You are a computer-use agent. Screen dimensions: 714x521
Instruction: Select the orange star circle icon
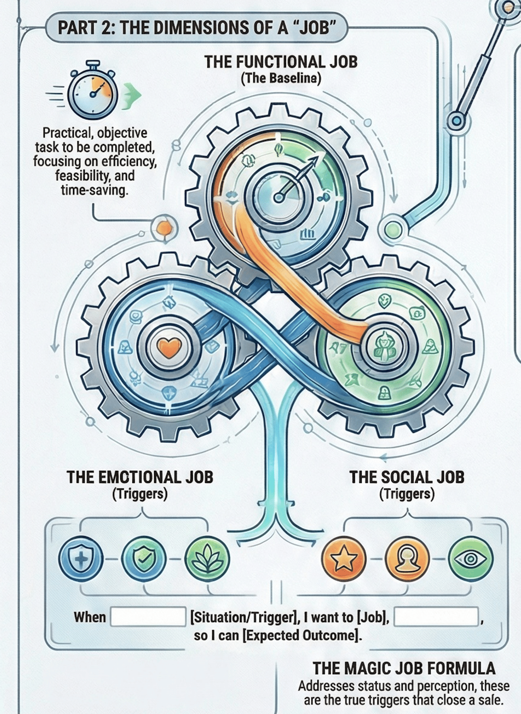[x=344, y=559]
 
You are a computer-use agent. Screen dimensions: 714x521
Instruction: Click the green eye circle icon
[x=470, y=559]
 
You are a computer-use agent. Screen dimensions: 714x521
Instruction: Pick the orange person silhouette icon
[x=407, y=559]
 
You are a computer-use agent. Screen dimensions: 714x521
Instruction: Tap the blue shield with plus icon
[x=81, y=559]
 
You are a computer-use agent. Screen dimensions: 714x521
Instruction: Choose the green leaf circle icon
[x=207, y=559]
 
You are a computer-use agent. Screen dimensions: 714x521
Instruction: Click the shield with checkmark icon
[x=144, y=559]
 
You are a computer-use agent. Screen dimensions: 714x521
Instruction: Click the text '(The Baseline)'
[x=281, y=78]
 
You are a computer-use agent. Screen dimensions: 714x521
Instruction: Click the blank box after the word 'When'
[x=148, y=617]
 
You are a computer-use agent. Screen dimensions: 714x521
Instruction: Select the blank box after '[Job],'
[x=436, y=617]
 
